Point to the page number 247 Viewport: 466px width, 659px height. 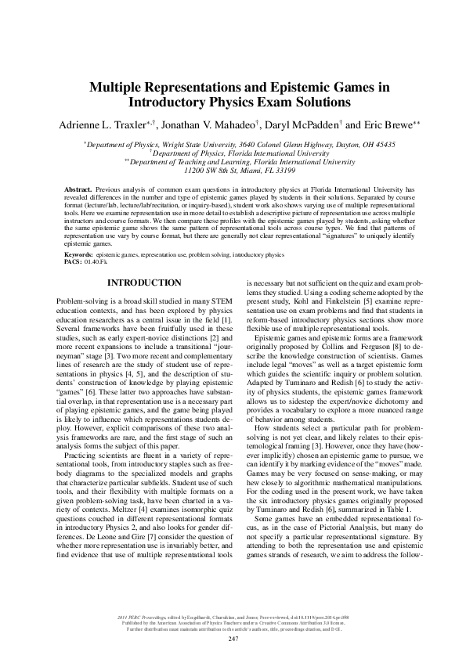pos(233,639)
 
